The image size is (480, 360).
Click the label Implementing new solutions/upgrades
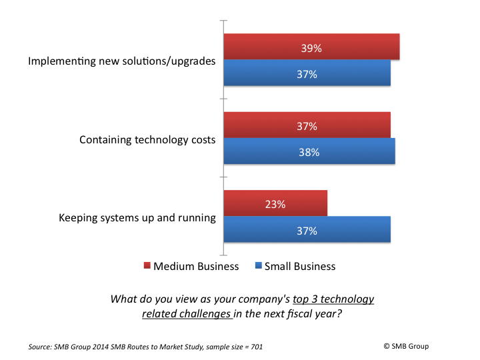point(121,61)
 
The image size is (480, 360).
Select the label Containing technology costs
point(147,139)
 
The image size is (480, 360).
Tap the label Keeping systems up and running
point(137,217)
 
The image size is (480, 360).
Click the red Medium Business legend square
point(147,266)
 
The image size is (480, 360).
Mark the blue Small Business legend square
point(258,266)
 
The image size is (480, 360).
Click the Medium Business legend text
point(196,266)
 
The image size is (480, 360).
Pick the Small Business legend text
point(300,266)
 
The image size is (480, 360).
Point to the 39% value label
point(311,48)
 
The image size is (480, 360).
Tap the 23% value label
point(275,205)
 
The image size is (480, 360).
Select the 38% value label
point(309,152)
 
